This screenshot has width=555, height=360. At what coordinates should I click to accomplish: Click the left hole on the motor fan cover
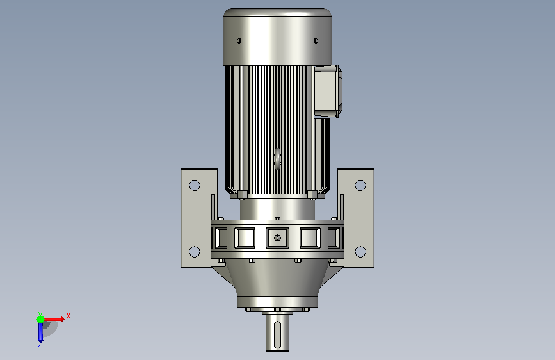coord(239,41)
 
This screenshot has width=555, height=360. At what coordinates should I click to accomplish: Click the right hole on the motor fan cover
coord(316,41)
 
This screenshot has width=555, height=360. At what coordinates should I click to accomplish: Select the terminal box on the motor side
coord(328,91)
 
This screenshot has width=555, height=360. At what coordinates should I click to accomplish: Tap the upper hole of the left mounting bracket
coord(195,185)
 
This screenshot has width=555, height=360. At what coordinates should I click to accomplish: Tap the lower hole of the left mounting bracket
coord(195,252)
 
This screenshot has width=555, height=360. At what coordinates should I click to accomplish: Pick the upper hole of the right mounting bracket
coord(360,185)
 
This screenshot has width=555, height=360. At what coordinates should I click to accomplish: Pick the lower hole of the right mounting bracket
coord(360,252)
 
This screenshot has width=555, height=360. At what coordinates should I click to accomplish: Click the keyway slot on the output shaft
coord(278,335)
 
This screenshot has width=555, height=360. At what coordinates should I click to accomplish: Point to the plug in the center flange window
coord(278,238)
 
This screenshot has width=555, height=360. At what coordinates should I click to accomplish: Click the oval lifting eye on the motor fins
coord(278,159)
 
